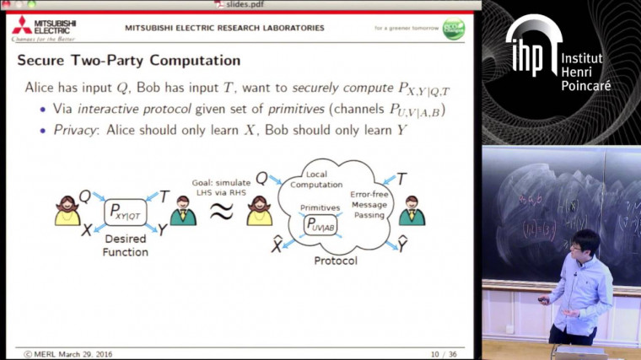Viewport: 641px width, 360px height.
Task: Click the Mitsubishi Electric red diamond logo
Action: [22, 24]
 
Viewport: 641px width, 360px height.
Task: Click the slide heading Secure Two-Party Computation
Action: [129, 61]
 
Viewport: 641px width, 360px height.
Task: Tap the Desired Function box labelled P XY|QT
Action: [125, 212]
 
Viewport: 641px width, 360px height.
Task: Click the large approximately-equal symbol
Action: [221, 212]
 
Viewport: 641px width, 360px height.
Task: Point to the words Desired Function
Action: [125, 245]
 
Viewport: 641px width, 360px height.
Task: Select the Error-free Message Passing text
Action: [369, 202]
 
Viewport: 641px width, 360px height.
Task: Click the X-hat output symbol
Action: [276, 245]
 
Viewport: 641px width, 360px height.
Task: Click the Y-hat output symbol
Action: [404, 245]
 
